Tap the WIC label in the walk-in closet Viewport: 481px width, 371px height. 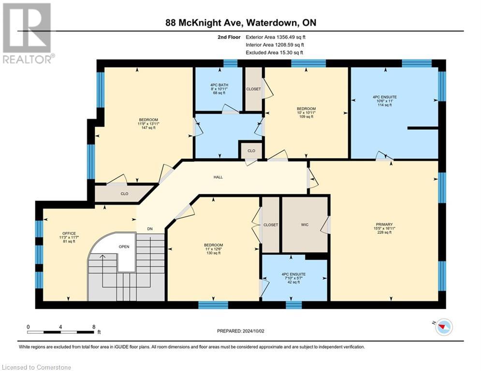coord(305,225)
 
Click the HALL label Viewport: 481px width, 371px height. coord(219,177)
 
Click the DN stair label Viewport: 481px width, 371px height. coord(150,229)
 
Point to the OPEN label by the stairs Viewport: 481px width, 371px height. coord(124,246)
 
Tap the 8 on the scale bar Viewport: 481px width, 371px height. coord(93,327)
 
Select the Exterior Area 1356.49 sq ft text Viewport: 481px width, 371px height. coord(276,37)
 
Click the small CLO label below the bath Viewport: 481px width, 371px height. coord(251,151)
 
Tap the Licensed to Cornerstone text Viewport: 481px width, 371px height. coord(37,368)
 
